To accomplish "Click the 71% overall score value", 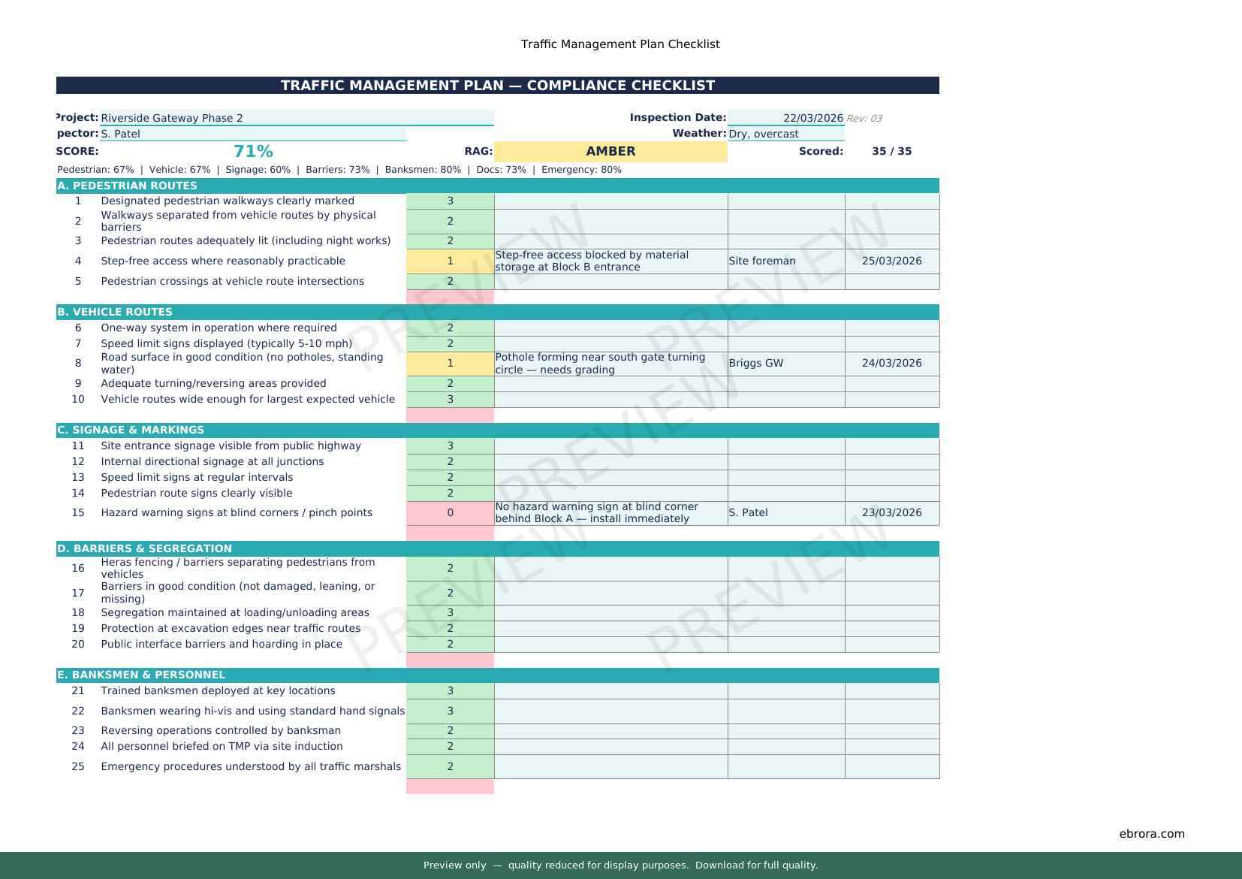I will pyautogui.click(x=253, y=151).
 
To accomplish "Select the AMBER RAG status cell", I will pyautogui.click(x=610, y=151).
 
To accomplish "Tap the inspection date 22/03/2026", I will pyautogui.click(x=812, y=118).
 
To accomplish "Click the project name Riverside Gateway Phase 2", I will pyautogui.click(x=172, y=118).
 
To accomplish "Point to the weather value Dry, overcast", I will pyautogui.click(x=764, y=134).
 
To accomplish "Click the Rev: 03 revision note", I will pyautogui.click(x=864, y=119).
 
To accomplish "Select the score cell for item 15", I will pyautogui.click(x=450, y=512).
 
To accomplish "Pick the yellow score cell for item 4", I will pyautogui.click(x=450, y=261).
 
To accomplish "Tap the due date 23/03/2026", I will pyautogui.click(x=891, y=512).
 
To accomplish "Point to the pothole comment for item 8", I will pyautogui.click(x=601, y=363).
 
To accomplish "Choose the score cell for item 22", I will pyautogui.click(x=450, y=711).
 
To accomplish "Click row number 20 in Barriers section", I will pyautogui.click(x=78, y=644).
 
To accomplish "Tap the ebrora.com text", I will pyautogui.click(x=1151, y=833).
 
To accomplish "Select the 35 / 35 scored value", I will pyautogui.click(x=891, y=151).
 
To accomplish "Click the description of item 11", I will pyautogui.click(x=231, y=446).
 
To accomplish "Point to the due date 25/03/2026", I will pyautogui.click(x=891, y=261).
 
